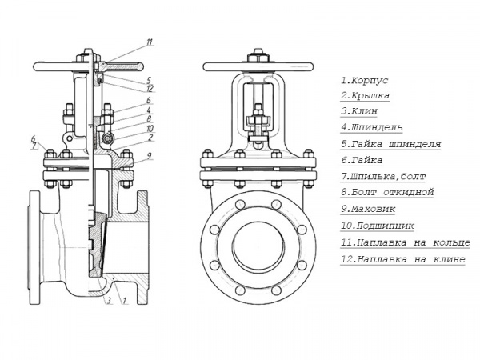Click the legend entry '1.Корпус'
[x=365, y=80]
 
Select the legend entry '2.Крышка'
[x=366, y=96]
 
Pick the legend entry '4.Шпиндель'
[x=371, y=127]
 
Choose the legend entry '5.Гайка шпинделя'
[x=390, y=144]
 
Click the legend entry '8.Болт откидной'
[x=386, y=192]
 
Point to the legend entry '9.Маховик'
[x=370, y=209]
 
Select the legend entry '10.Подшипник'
[x=376, y=226]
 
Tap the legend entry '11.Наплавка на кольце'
[x=402, y=243]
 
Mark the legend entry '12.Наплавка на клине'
[x=402, y=260]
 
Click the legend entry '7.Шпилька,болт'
[x=383, y=175]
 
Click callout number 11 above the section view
[x=150, y=42]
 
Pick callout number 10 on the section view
[x=150, y=128]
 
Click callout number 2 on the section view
[x=150, y=138]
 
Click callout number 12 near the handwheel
[x=150, y=88]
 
